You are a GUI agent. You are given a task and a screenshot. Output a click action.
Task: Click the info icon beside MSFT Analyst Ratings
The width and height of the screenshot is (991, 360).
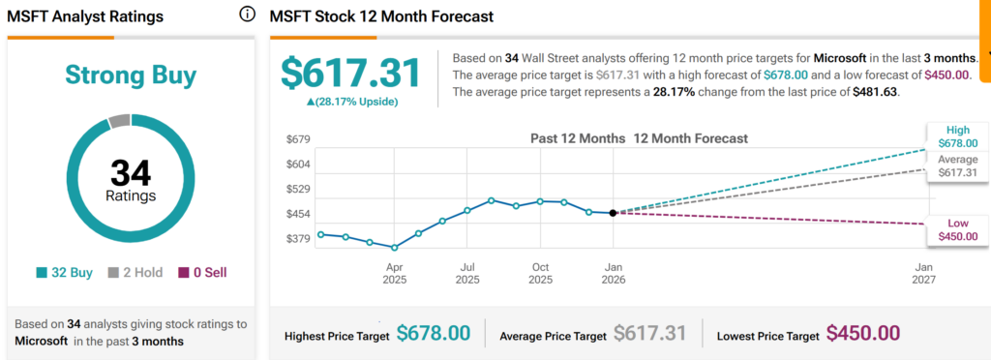point(247,15)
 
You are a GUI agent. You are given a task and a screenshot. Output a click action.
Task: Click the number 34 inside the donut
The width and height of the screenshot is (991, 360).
point(131,173)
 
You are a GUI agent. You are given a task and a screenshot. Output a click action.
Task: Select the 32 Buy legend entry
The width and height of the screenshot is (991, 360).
point(65,273)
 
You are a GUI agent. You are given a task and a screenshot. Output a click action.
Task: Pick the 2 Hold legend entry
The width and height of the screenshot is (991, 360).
point(135,273)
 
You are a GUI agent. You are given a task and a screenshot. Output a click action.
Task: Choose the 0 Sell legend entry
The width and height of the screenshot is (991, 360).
point(201,273)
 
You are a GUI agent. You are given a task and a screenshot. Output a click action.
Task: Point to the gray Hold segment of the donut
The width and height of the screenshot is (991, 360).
point(118,121)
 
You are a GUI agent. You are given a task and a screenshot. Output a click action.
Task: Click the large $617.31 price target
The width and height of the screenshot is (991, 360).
point(350,75)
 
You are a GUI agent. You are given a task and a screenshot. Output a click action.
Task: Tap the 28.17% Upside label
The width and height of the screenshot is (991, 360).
point(351,102)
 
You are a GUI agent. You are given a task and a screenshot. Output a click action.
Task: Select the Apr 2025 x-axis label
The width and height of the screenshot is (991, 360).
point(395,273)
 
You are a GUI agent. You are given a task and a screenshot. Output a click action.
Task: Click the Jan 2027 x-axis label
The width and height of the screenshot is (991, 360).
point(924,273)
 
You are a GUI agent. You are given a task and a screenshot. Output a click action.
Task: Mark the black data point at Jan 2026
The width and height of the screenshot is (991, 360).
point(613,213)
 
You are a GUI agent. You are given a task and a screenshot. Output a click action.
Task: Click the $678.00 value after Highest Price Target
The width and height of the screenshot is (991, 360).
point(433,334)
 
